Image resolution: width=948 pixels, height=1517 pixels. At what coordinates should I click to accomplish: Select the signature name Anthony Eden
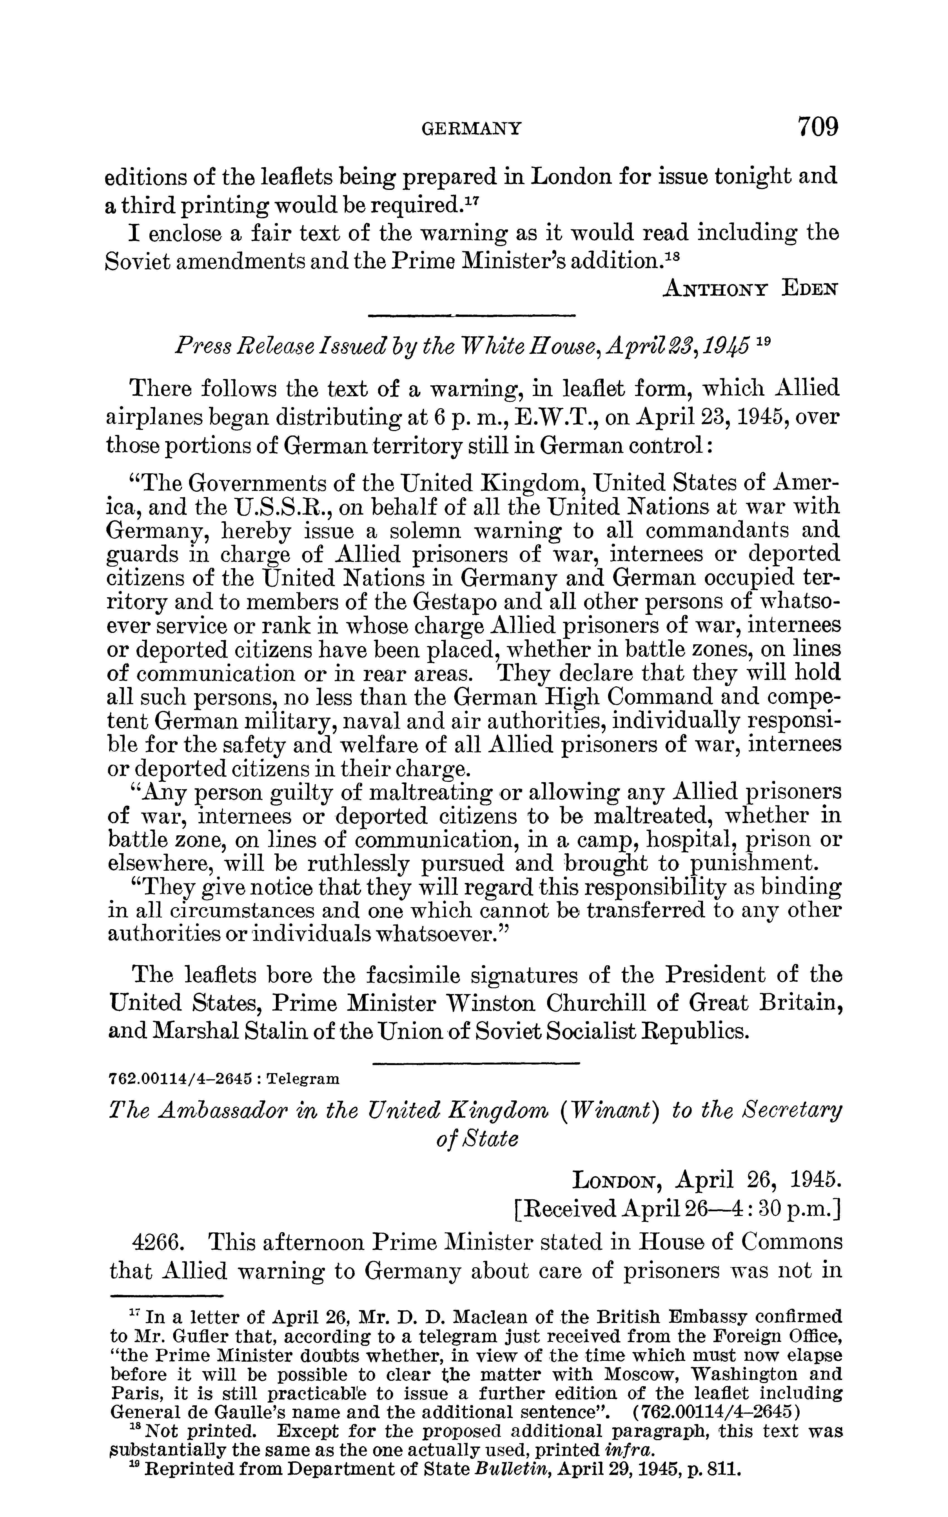tap(751, 288)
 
